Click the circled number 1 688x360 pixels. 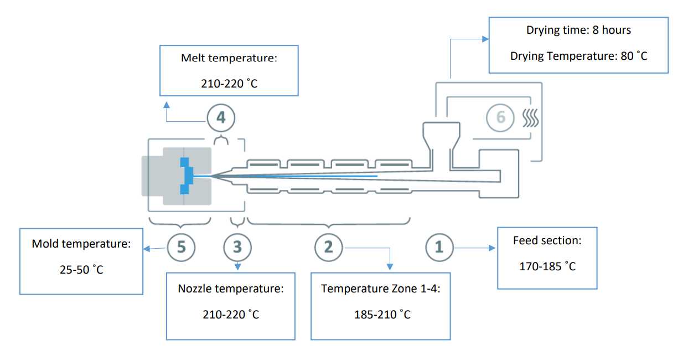439,246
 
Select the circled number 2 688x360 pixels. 329,246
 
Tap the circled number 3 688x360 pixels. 237,246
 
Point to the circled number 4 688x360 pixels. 221,117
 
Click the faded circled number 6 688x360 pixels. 500,117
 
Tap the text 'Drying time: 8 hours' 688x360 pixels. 578,30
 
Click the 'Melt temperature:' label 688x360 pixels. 229,58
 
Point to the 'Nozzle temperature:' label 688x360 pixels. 230,289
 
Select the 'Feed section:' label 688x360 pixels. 547,240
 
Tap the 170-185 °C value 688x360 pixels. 547,266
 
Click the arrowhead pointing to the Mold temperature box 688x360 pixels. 147,249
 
